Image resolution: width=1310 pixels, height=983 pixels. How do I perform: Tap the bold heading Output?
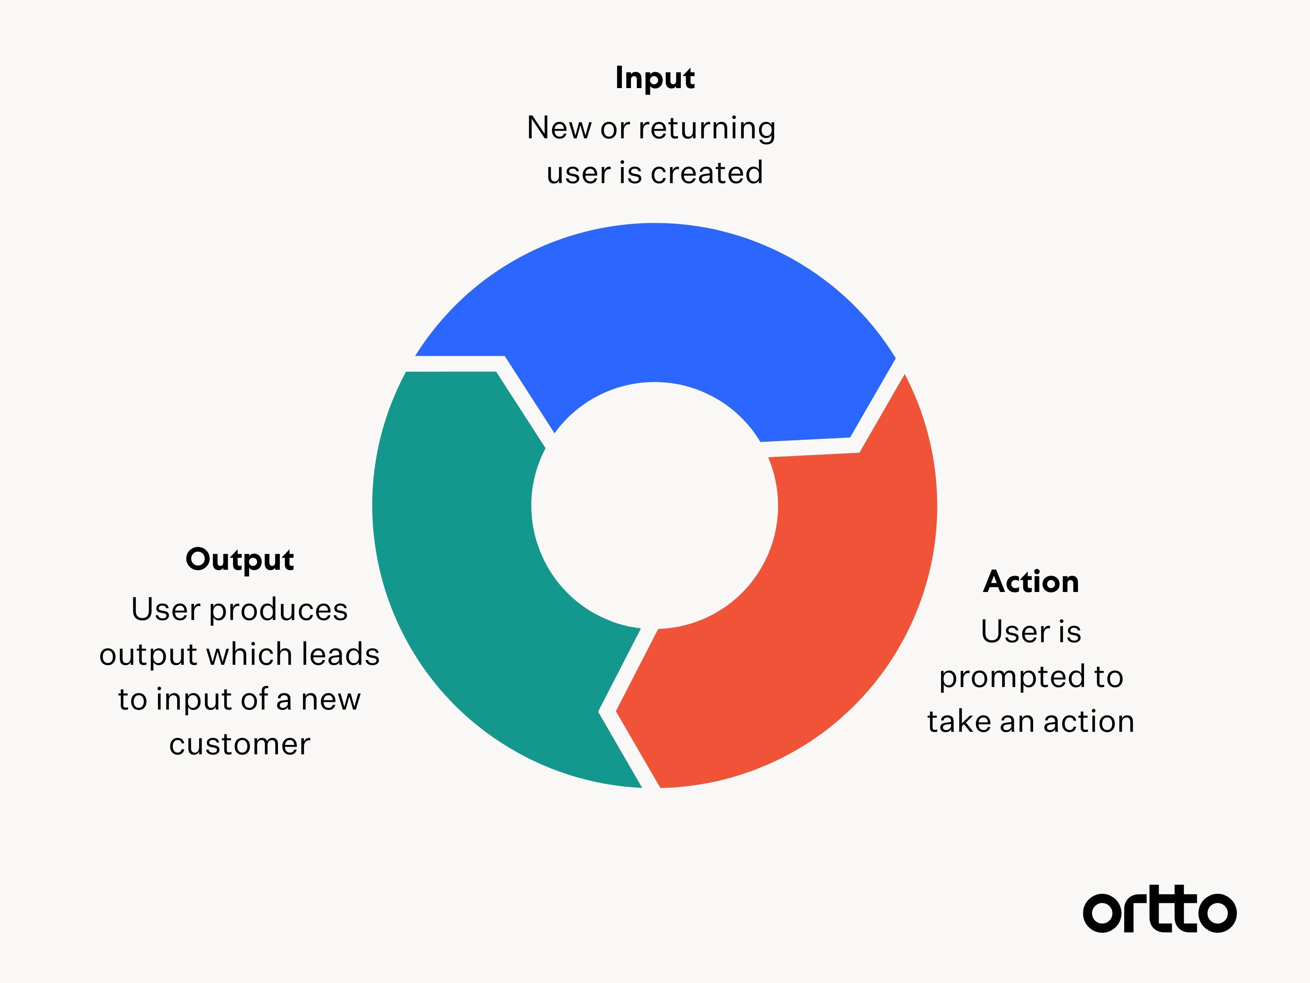240,559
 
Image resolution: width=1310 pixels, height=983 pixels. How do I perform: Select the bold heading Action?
1031,581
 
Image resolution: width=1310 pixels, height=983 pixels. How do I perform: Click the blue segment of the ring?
654,302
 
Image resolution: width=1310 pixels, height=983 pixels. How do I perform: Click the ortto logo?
1160,909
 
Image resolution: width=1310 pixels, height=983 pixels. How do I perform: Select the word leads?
341,654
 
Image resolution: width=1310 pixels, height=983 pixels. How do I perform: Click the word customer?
240,744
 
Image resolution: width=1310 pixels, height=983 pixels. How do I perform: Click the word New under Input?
559,128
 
